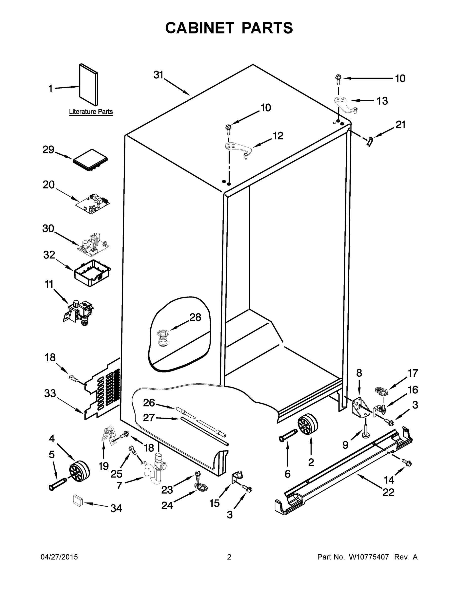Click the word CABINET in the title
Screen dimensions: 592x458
tap(199, 28)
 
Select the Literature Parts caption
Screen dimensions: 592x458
tap(91, 112)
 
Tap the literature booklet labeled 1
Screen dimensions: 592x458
tap(88, 85)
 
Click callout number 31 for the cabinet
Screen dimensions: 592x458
tap(159, 75)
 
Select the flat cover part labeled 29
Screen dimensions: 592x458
tap(90, 160)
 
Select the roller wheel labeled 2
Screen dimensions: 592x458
tap(307, 425)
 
